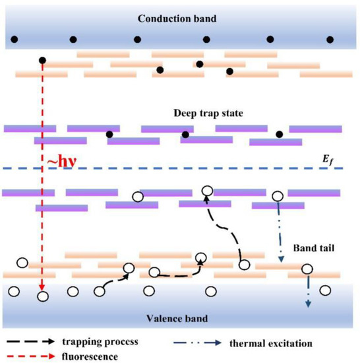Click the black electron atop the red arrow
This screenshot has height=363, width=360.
(x=43, y=61)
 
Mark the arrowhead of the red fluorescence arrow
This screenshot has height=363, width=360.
(x=43, y=288)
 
